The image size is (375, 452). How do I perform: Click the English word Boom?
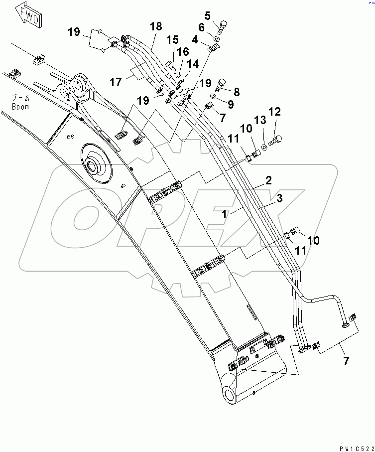coord(21,107)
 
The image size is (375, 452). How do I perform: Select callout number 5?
coord(222,15)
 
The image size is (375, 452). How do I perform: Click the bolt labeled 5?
coord(221,25)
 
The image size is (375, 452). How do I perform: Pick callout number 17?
coord(116,81)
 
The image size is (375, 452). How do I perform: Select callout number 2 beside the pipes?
coord(268,181)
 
